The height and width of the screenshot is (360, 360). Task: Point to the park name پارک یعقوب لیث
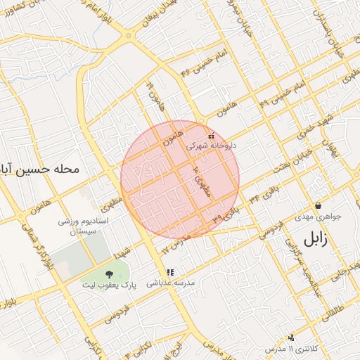[x=109, y=286]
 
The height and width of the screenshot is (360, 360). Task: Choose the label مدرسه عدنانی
[x=169, y=284]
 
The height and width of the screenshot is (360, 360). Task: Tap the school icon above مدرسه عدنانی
[x=169, y=272]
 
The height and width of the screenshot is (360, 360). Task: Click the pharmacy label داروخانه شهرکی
[x=211, y=146]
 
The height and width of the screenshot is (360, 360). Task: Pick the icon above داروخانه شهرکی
[x=211, y=136]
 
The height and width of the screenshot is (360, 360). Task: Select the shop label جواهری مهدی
[x=318, y=217]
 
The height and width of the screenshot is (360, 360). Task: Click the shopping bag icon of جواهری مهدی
[x=319, y=206]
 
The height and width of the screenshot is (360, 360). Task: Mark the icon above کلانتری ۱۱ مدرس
[x=291, y=338]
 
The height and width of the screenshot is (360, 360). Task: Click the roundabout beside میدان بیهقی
[x=129, y=34]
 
